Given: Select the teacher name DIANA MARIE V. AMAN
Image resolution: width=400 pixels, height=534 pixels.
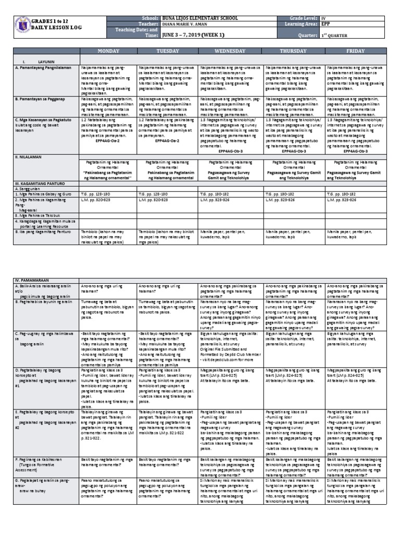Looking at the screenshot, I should pos(185,24).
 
